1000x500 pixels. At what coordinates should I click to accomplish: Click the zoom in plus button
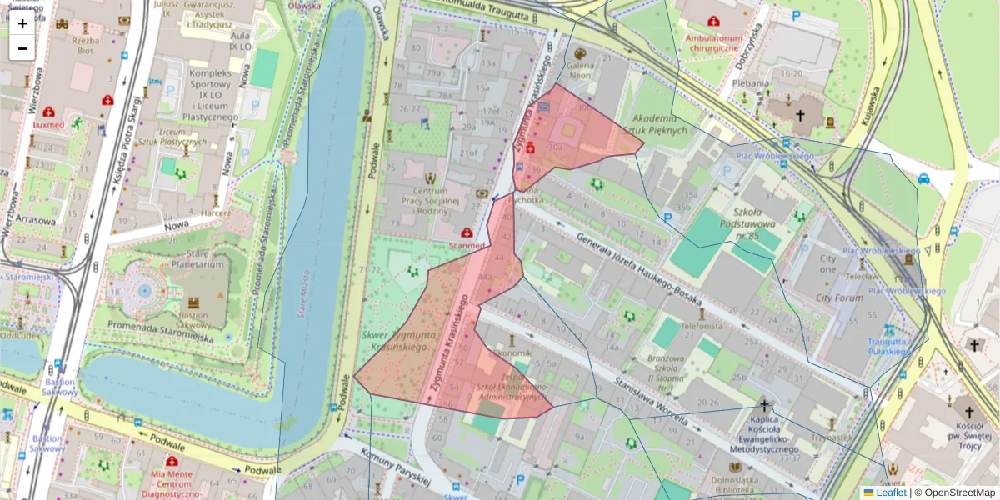coord(22,23)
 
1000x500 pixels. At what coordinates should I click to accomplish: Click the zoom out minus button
coord(22,48)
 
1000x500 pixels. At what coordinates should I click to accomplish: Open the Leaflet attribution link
coord(891,492)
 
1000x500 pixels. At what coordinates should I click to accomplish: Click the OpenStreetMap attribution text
coord(958,492)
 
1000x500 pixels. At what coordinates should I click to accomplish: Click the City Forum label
coord(839,297)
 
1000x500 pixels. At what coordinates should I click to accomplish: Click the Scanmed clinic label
coord(467,246)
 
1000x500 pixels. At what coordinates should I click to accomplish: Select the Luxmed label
coord(48,124)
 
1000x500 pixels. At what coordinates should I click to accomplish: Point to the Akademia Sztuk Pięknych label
coord(659,124)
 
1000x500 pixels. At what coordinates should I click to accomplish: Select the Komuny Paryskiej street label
coord(396,466)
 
